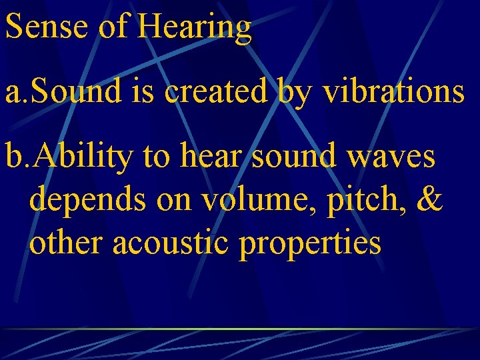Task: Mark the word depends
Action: click(x=89, y=201)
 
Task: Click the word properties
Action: click(x=311, y=244)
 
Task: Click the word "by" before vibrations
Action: click(x=294, y=93)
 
